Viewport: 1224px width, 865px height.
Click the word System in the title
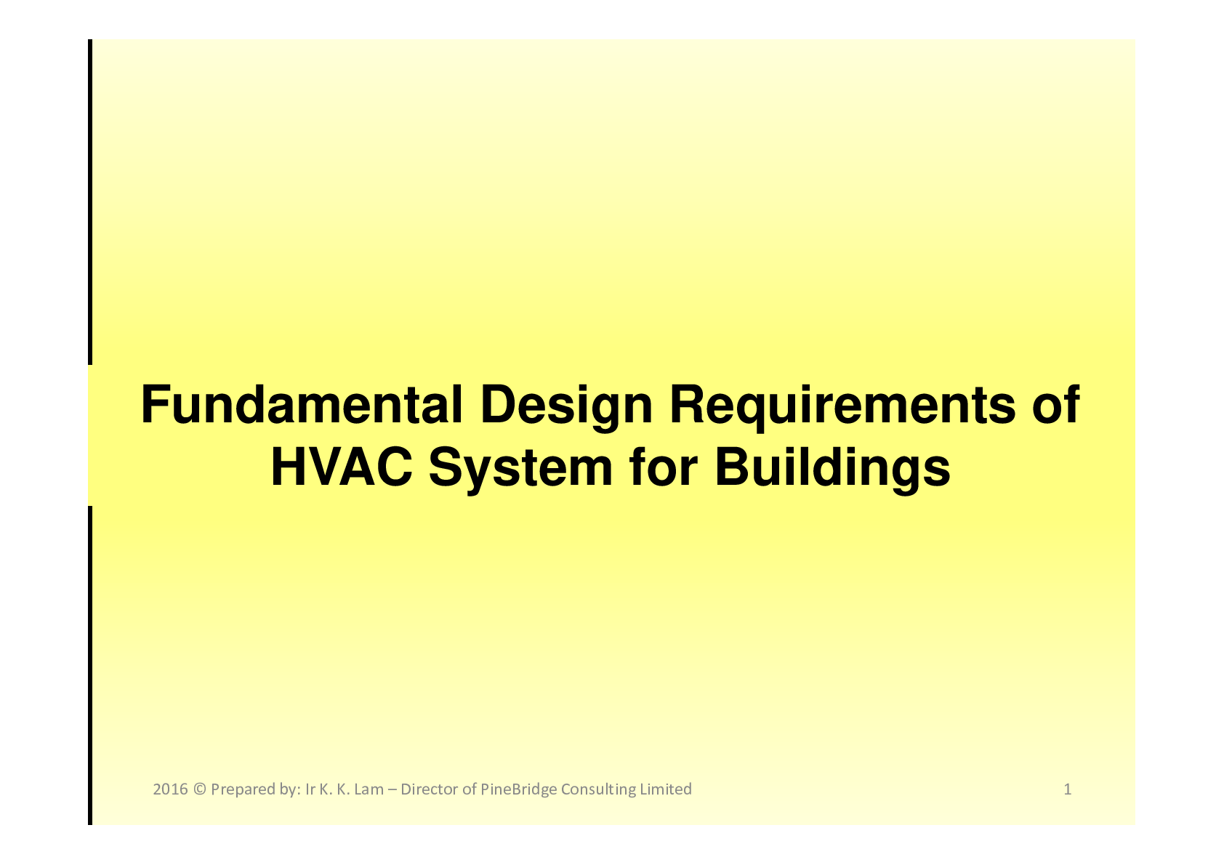pyautogui.click(x=520, y=468)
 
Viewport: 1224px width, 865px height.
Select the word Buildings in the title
pyautogui.click(x=832, y=468)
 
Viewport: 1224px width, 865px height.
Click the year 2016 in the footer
pyautogui.click(x=170, y=789)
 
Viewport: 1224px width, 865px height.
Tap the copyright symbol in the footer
pyautogui.click(x=200, y=789)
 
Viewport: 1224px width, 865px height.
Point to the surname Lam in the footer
pyautogui.click(x=369, y=789)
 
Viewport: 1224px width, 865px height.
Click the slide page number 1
pyautogui.click(x=1067, y=789)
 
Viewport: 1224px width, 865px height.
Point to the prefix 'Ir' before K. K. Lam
pyautogui.click(x=310, y=789)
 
